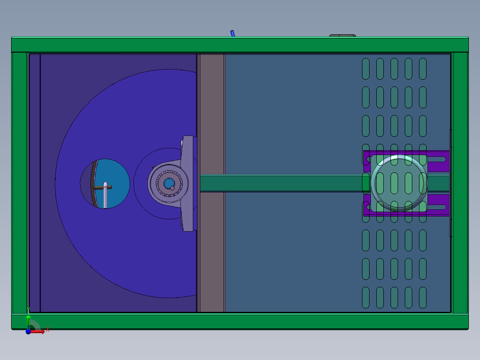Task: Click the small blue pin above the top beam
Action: [232, 33]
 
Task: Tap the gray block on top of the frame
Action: [342, 35]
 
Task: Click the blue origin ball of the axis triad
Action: [28, 331]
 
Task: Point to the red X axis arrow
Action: [43, 331]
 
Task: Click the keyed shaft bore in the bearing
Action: [169, 183]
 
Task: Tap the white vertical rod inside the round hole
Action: [105, 196]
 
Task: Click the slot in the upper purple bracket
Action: [439, 159]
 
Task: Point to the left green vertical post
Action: [19, 183]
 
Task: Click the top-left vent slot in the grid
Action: [366, 68]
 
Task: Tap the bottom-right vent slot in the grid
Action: [423, 297]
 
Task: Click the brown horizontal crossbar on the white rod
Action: [107, 187]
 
